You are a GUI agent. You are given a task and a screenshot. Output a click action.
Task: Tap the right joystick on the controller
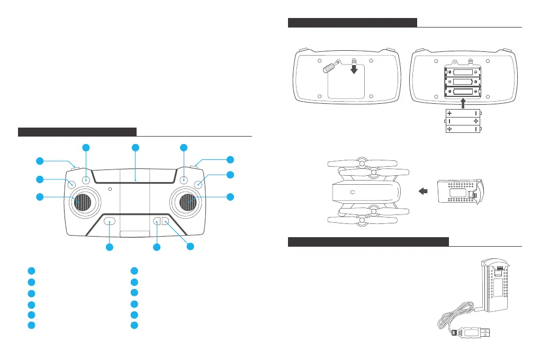[x=187, y=202]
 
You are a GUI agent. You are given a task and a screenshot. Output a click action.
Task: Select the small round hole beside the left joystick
[x=110, y=188]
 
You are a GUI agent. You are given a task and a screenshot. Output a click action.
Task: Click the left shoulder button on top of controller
[x=75, y=168]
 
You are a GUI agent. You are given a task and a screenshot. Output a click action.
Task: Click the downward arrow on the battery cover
[x=354, y=69]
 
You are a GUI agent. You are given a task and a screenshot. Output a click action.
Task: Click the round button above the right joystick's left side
[x=184, y=180]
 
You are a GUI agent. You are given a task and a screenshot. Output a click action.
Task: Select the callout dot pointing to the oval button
[x=110, y=247]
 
